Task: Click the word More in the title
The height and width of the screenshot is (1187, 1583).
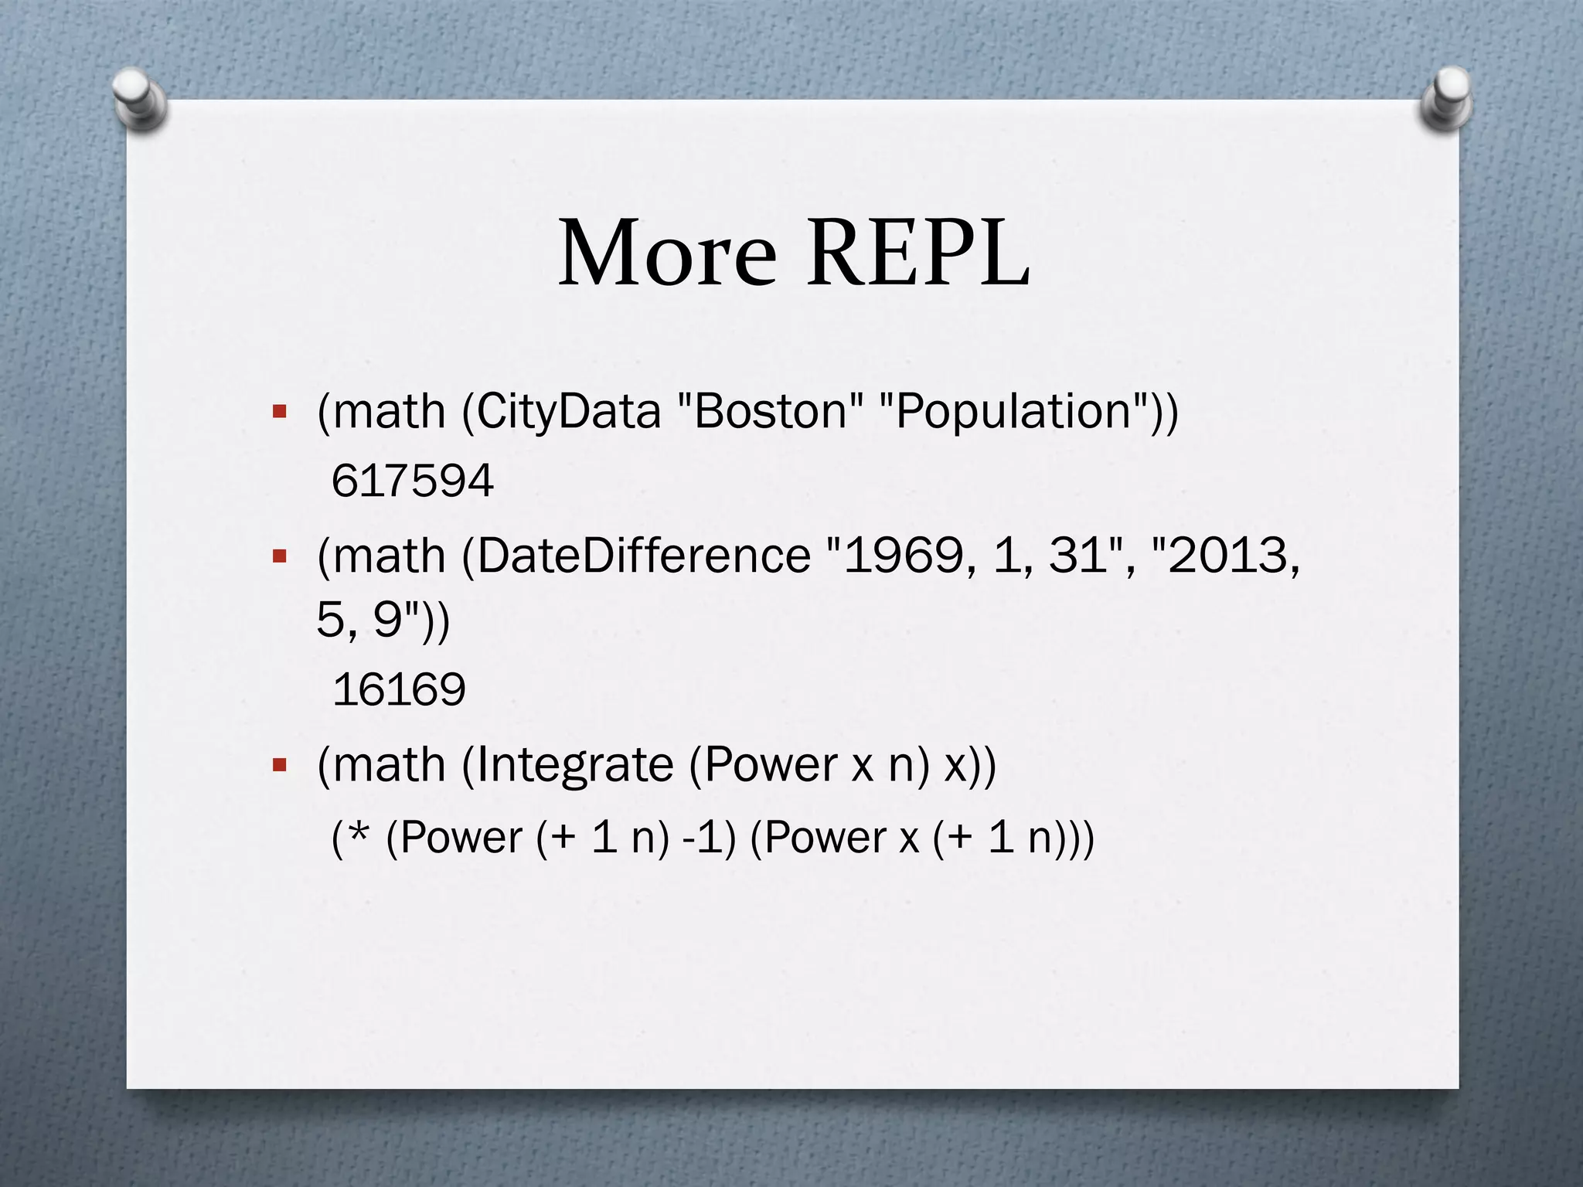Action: coord(667,253)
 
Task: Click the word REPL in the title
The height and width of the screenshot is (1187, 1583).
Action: coord(918,253)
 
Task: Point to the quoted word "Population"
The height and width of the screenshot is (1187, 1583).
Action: coord(1014,411)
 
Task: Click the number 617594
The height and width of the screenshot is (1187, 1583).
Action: coord(412,481)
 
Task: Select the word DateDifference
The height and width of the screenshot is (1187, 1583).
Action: coord(643,556)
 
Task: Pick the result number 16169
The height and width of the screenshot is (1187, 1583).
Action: coord(399,689)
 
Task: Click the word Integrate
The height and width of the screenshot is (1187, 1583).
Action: coord(574,765)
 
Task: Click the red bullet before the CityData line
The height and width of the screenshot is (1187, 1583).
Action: coord(280,411)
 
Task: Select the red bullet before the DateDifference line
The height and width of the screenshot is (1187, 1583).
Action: coord(280,556)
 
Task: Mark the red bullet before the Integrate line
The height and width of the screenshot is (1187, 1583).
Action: coord(280,765)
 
